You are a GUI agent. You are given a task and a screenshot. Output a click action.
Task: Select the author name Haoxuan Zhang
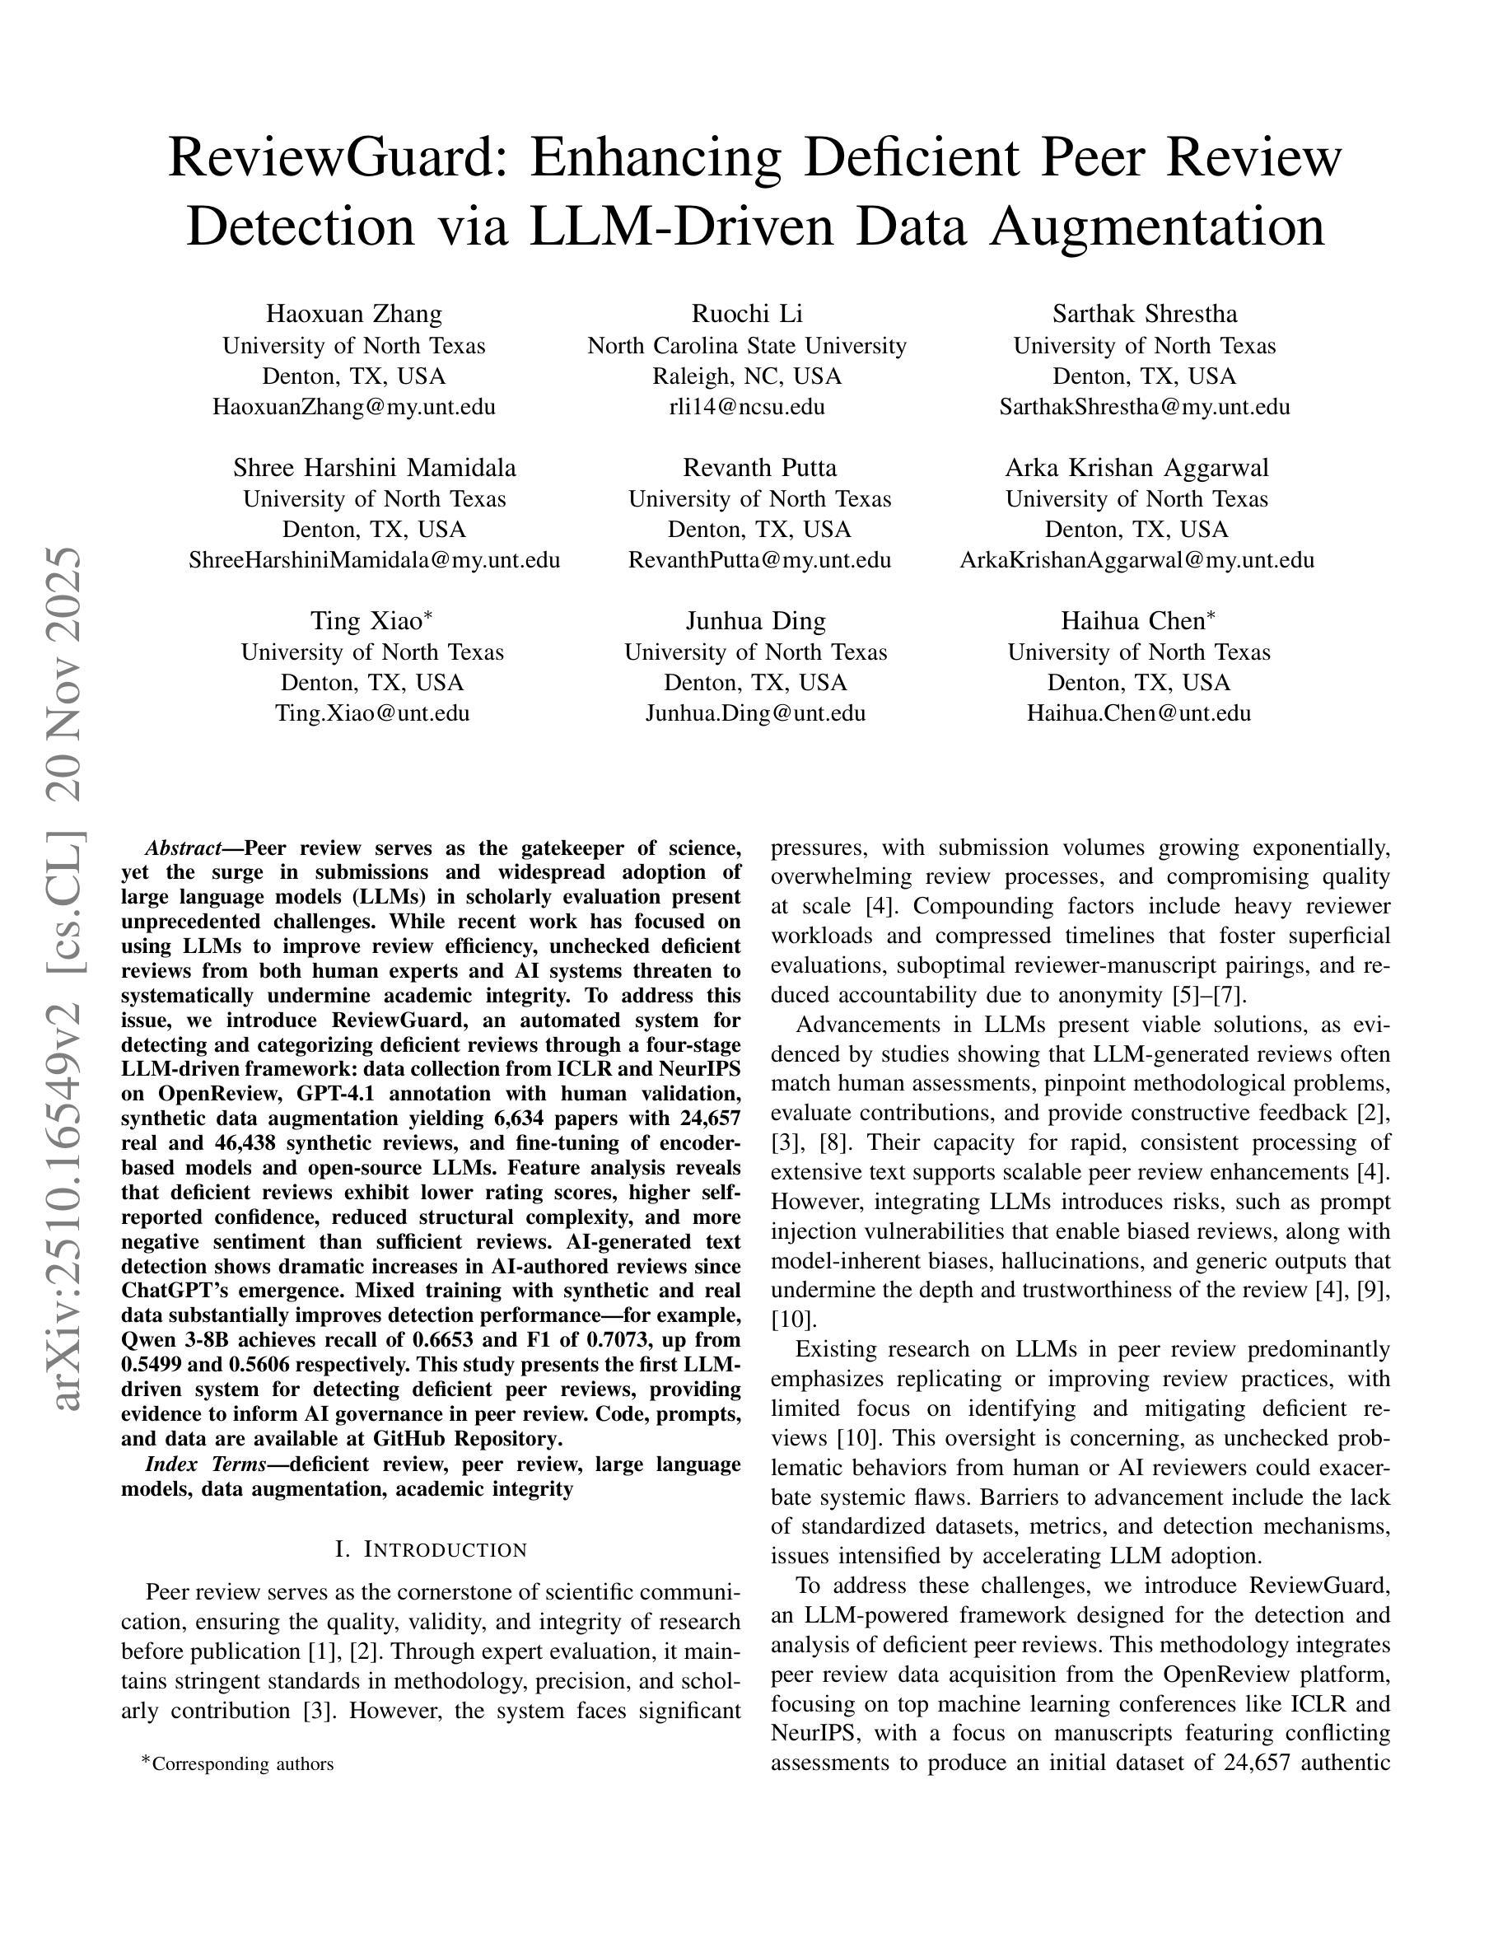pos(354,314)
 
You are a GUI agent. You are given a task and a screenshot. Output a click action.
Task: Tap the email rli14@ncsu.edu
pos(747,407)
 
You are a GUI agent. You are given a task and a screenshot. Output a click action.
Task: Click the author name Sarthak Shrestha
pos(1144,314)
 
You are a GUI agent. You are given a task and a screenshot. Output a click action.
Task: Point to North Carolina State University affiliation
pos(747,346)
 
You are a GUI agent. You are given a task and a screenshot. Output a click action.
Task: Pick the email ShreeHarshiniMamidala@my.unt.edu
pos(375,560)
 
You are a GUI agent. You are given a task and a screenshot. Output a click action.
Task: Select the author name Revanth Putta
pos(759,468)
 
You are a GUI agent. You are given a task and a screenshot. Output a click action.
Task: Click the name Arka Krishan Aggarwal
pos(1136,468)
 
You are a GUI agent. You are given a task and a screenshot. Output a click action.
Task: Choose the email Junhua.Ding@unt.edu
pos(755,713)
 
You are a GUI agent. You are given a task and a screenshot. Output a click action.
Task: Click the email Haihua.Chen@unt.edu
pos(1138,713)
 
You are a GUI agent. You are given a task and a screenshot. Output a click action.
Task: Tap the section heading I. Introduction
pos(431,1549)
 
